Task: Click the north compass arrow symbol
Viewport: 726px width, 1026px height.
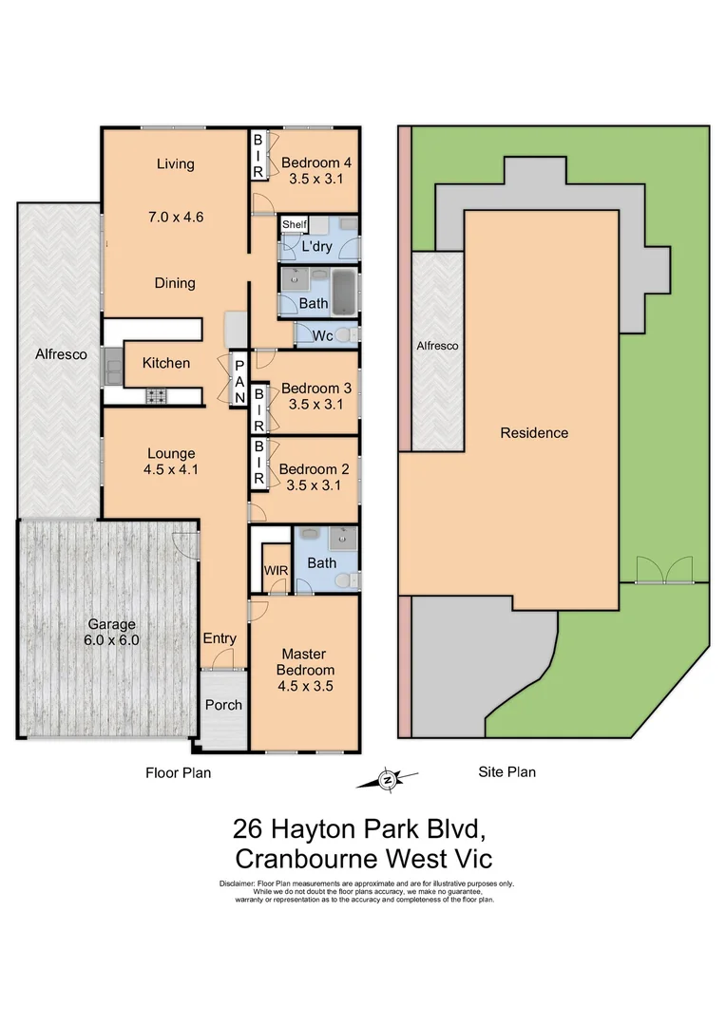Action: [387, 780]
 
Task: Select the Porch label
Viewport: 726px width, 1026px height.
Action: [223, 705]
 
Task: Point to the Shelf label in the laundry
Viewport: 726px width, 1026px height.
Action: [294, 224]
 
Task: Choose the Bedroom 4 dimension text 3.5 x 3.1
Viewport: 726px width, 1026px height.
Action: [315, 177]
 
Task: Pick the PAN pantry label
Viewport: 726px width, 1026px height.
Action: [239, 381]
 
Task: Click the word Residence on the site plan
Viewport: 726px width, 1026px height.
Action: [534, 433]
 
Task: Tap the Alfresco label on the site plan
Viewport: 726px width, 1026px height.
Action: [438, 347]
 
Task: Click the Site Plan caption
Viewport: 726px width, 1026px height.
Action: [506, 771]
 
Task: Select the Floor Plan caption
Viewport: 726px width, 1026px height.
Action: [178, 772]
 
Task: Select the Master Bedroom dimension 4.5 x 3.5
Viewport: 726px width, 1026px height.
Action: [303, 685]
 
